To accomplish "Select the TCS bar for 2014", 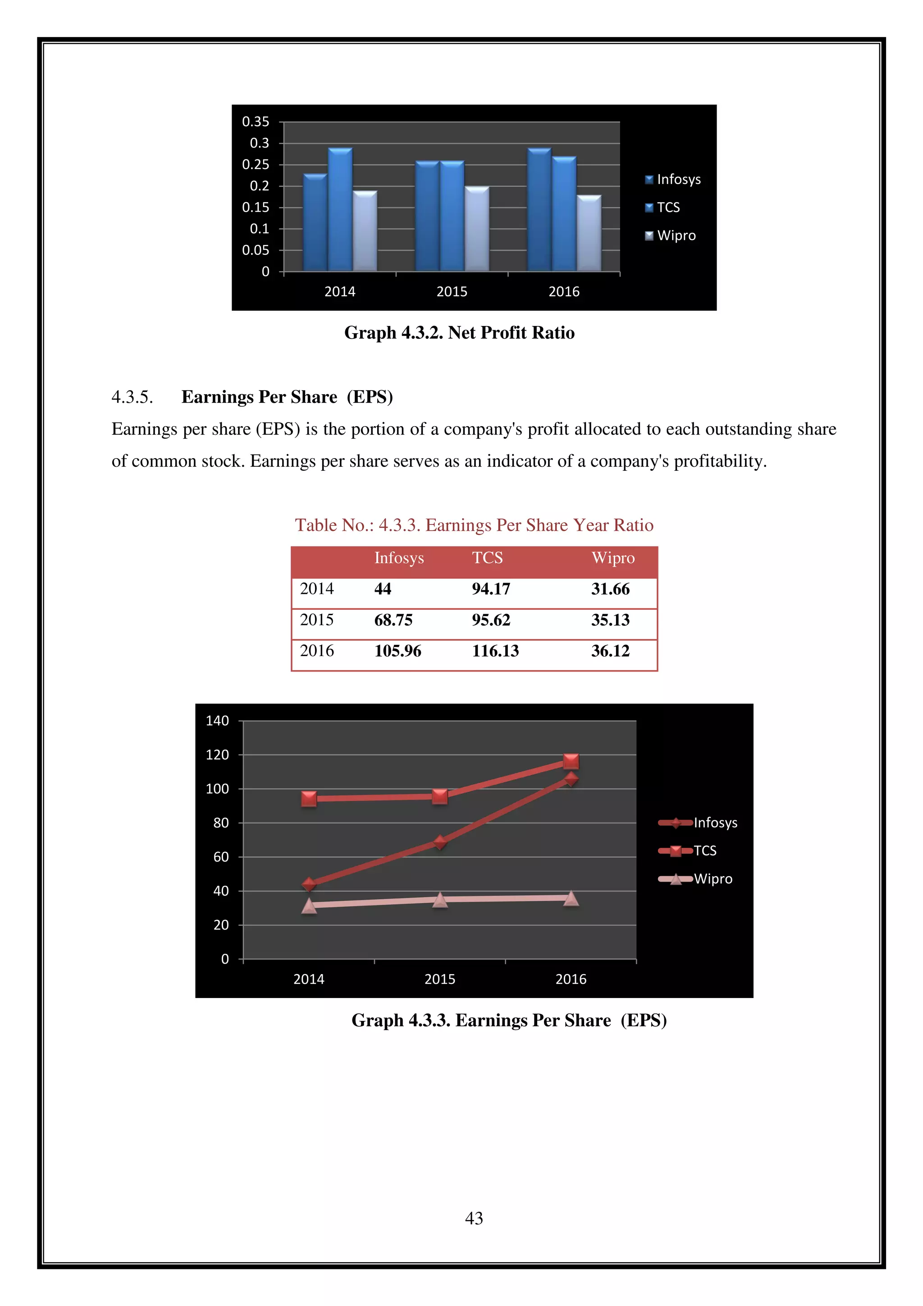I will pos(340,211).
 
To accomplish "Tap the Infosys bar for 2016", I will pos(539,211).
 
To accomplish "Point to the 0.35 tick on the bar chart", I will pos(256,122).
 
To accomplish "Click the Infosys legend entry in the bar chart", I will pos(673,180).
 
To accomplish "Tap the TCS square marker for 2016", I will pos(571,761).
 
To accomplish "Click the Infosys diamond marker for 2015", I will pos(439,842).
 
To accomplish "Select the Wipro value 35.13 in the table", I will pos(610,620).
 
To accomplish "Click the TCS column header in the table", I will pos(487,558).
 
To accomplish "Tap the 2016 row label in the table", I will pos(316,651).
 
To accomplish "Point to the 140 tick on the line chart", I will pos(217,721).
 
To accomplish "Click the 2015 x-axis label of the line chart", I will pos(439,979).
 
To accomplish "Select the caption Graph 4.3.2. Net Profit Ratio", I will pos(459,333).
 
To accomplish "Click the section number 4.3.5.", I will pos(132,397).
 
